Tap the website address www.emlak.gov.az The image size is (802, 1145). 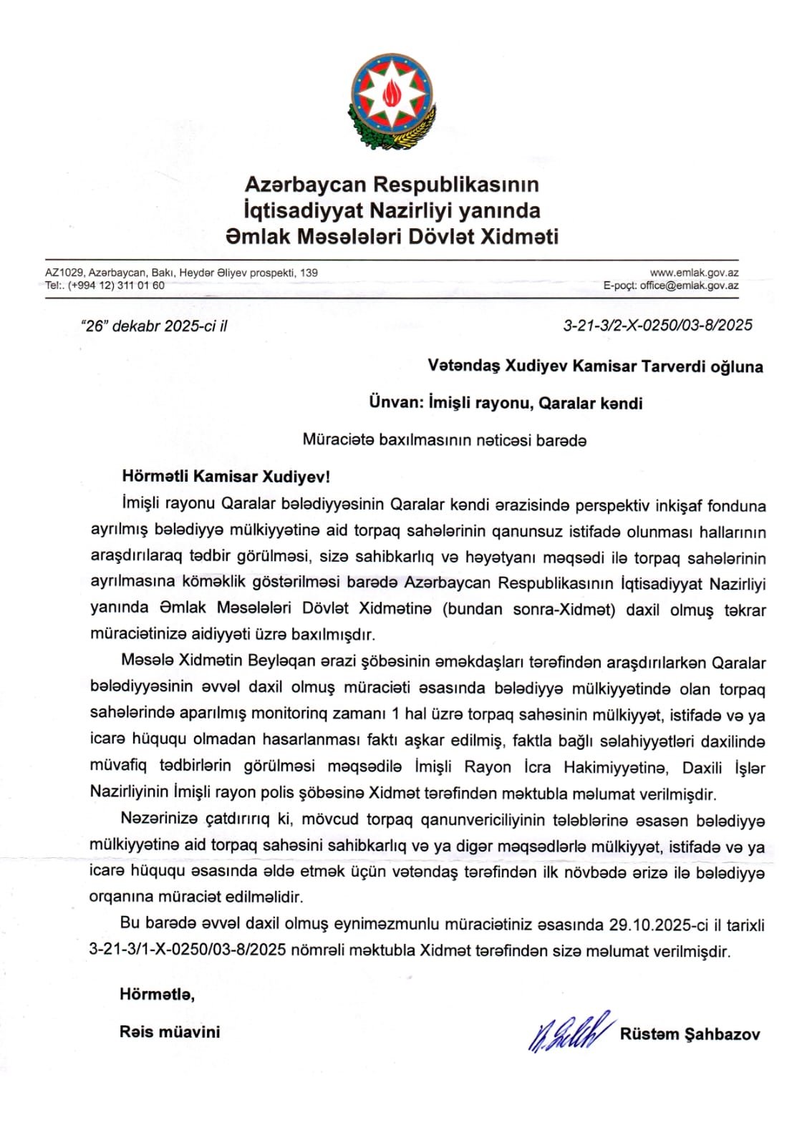[x=694, y=273]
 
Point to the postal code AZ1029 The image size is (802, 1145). [x=64, y=273]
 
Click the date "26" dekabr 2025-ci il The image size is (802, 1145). [x=155, y=326]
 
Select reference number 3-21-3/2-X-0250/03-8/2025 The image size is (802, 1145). [x=657, y=326]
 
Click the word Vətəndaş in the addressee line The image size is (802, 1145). [x=463, y=366]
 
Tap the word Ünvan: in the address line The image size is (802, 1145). [x=395, y=403]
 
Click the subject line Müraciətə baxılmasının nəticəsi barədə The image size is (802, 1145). [x=444, y=440]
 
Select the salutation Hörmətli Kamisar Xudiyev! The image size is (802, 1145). [x=226, y=477]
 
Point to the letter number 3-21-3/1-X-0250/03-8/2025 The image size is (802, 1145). [x=188, y=951]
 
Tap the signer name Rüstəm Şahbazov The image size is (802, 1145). [x=690, y=1034]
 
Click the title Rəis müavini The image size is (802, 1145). [x=170, y=1032]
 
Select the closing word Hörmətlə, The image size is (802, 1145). [x=157, y=994]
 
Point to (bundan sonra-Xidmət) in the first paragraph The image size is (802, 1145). [x=529, y=610]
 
